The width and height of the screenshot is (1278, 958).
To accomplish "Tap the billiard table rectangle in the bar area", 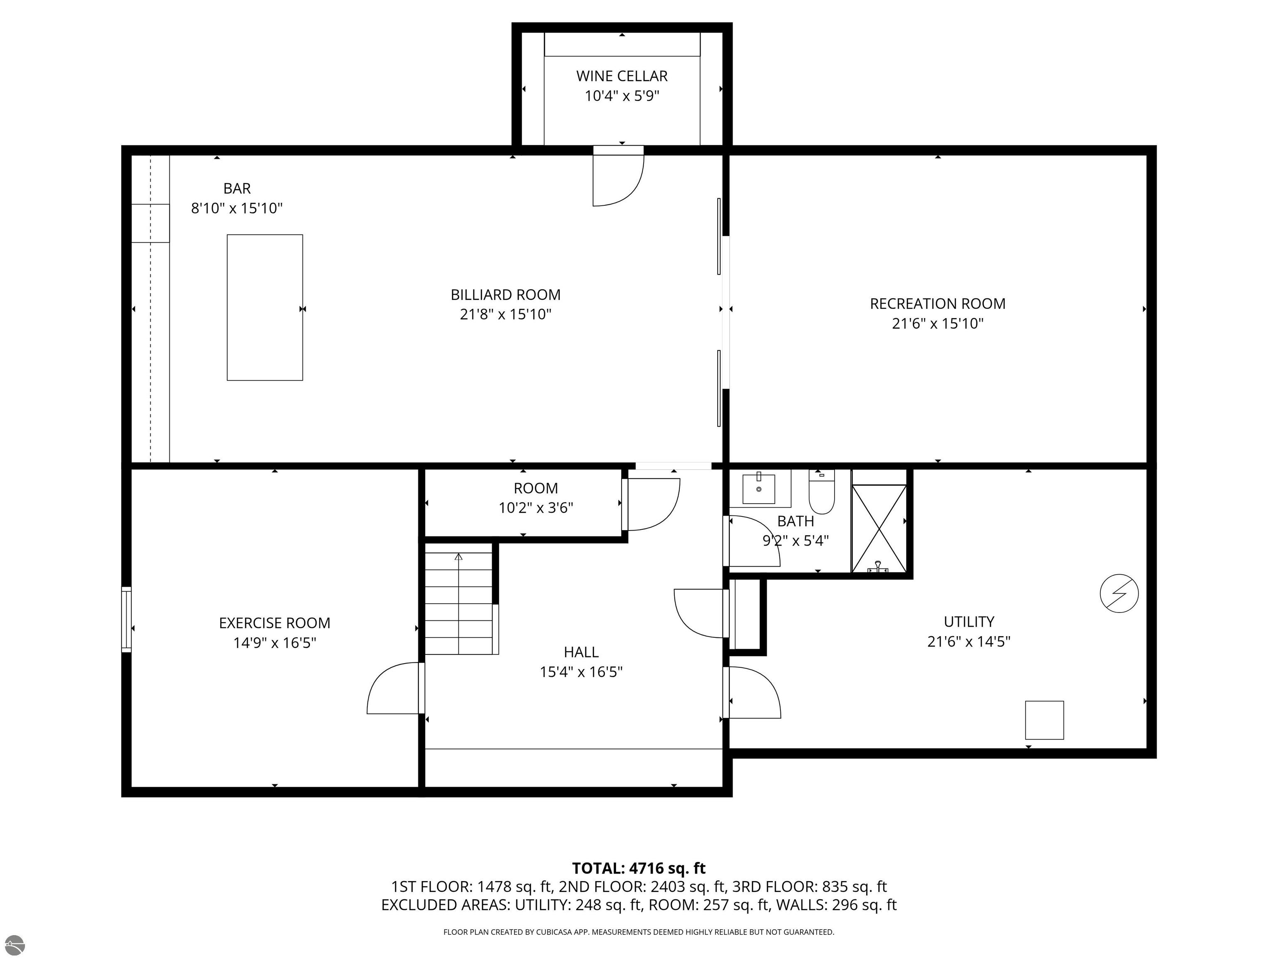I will tap(265, 307).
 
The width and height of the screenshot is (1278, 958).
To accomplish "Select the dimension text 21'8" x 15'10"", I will tap(505, 314).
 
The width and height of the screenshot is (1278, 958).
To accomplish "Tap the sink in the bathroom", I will tap(758, 489).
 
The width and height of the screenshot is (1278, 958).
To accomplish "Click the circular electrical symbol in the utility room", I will tap(1119, 593).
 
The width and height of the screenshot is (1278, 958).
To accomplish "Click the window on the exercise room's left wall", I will tap(126, 619).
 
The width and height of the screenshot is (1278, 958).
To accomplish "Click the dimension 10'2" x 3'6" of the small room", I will tap(535, 508).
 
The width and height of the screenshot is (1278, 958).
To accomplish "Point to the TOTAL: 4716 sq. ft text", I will tap(639, 868).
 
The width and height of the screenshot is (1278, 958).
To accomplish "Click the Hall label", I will tap(581, 652).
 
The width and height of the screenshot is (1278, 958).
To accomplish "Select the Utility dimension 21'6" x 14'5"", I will tap(968, 641).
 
